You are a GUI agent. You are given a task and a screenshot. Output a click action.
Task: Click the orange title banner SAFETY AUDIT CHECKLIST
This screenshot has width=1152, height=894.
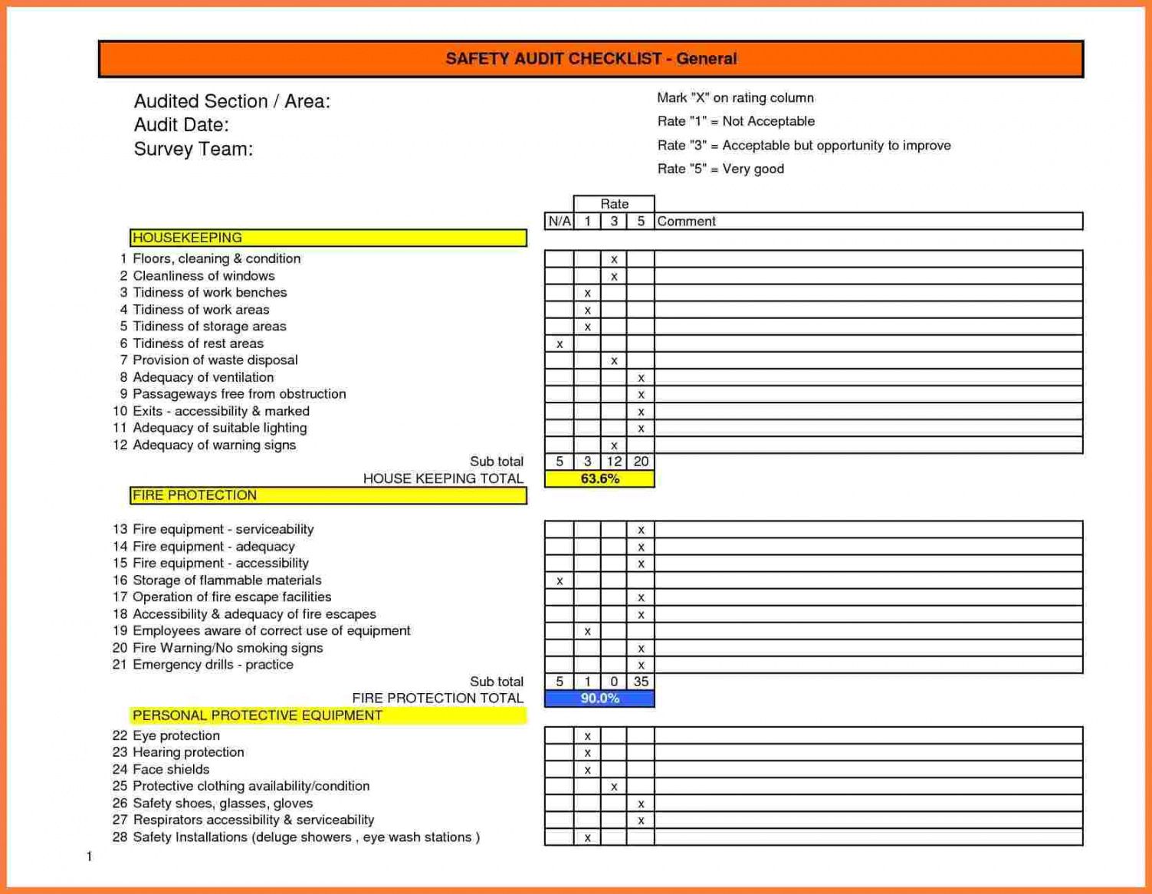point(590,59)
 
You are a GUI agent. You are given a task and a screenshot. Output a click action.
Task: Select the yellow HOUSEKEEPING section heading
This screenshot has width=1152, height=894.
point(328,238)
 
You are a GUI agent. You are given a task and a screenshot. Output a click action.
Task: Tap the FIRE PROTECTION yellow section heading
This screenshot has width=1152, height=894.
point(328,495)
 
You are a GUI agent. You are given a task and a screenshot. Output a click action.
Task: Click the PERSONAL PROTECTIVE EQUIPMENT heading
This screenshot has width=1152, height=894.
point(328,715)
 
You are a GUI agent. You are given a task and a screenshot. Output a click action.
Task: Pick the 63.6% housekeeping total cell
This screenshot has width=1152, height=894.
point(599,479)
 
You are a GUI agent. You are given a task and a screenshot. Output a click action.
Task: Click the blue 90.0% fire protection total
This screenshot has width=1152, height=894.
point(599,698)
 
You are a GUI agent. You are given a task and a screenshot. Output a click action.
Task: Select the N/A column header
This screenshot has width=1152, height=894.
point(559,222)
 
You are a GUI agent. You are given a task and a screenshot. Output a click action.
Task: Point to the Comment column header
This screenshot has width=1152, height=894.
point(686,222)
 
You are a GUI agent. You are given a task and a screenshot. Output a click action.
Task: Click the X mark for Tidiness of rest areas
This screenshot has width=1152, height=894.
point(560,344)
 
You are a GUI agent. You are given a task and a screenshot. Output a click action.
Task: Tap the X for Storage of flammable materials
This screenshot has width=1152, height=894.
point(560,581)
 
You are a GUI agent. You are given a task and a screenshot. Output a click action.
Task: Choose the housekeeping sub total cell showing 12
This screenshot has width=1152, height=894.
point(614,462)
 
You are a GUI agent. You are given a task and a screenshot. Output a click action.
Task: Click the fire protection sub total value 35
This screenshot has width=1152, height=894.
point(641,682)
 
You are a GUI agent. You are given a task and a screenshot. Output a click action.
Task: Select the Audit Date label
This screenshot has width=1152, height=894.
point(181,125)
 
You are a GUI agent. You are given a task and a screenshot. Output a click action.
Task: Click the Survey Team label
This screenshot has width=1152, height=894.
point(193,149)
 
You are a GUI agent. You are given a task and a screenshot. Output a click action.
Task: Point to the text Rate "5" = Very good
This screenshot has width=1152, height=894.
point(720,169)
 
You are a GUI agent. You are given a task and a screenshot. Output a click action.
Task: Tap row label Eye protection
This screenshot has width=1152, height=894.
point(176,735)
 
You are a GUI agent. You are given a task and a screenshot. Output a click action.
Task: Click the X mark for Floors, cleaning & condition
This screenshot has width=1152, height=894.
point(614,260)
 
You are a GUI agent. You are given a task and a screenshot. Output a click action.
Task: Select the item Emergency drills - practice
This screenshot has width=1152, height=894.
point(212,665)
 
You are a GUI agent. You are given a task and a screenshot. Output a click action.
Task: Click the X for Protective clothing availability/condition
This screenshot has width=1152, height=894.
point(614,787)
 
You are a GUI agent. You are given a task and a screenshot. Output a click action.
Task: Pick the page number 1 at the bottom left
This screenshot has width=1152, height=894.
point(89,856)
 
